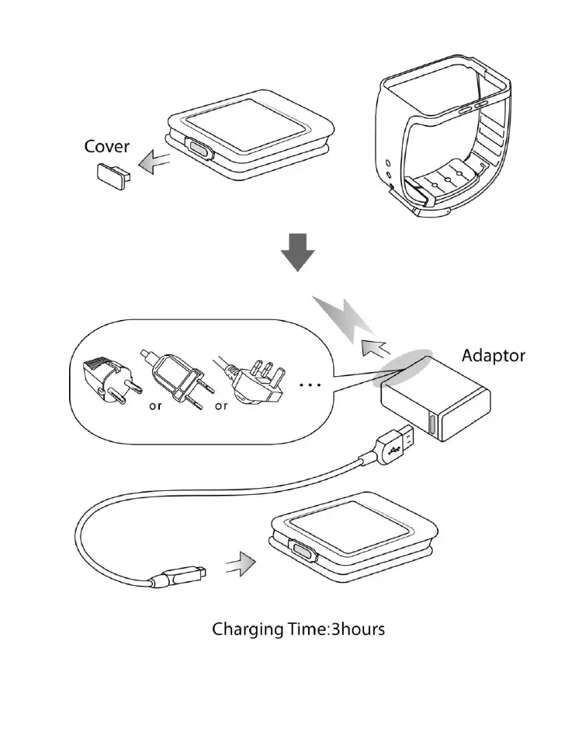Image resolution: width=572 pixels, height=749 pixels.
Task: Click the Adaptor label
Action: click(494, 356)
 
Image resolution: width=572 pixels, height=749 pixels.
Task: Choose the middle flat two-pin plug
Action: click(177, 378)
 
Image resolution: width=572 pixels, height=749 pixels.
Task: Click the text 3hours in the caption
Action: click(358, 629)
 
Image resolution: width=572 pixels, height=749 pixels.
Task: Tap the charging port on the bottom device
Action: click(303, 552)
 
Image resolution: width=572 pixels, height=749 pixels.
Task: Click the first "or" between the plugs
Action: click(154, 406)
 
